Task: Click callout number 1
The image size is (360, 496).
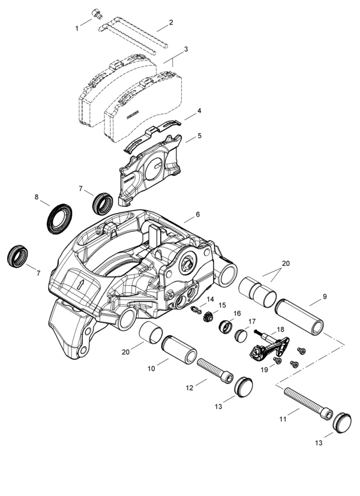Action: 77,28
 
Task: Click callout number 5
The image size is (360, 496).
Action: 199,136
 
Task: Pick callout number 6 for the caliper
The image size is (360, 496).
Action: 197,215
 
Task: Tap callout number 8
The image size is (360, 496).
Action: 37,196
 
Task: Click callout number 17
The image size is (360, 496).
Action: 252,321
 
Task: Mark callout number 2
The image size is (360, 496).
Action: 171,23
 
